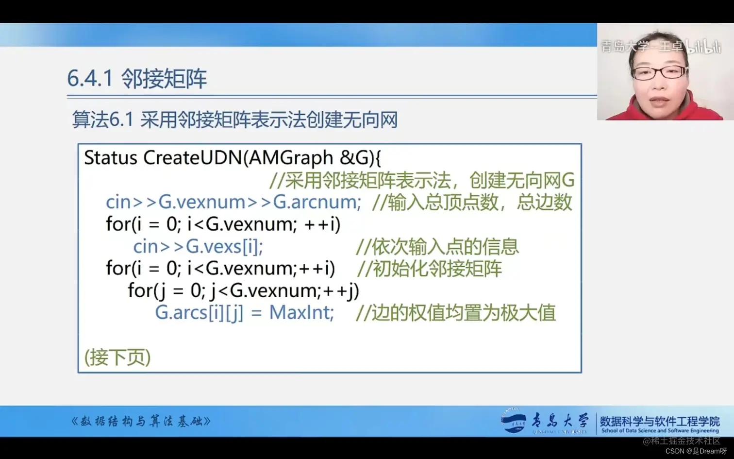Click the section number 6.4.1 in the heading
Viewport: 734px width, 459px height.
[90, 78]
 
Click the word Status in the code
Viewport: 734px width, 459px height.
[111, 158]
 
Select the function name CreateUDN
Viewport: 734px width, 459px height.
[192, 158]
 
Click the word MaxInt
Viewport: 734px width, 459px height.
[301, 312]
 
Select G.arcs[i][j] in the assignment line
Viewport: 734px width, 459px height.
[199, 312]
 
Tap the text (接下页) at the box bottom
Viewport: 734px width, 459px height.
[117, 357]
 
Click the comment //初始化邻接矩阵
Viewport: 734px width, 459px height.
[429, 269]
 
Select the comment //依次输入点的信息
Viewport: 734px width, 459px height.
[437, 247]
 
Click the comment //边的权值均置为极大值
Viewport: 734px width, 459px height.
[455, 313]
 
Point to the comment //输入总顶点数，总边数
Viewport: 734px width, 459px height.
[472, 202]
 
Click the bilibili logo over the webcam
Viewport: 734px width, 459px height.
[703, 47]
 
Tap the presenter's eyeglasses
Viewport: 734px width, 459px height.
[659, 73]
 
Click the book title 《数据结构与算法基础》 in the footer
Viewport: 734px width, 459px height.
[141, 421]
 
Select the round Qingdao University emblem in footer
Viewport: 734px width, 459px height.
[513, 421]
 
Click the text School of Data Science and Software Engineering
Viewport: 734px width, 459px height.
[660, 431]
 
